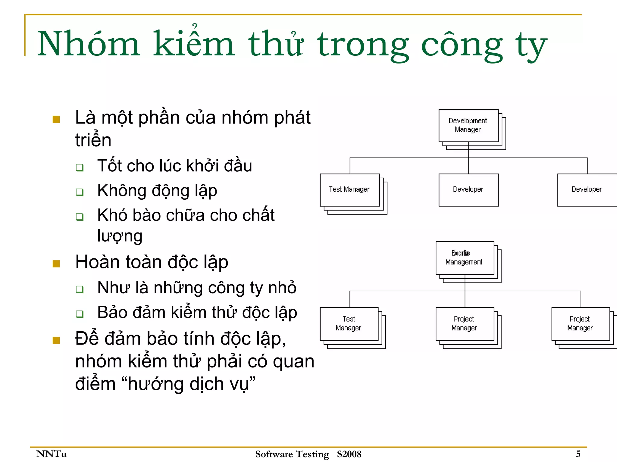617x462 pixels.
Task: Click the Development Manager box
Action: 468,125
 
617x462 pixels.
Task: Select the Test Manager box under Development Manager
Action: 349,190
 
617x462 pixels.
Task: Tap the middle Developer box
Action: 468,190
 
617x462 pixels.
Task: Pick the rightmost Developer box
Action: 587,190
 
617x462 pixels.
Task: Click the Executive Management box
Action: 465,258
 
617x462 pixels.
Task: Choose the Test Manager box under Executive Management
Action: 349,323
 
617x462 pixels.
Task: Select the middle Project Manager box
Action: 465,323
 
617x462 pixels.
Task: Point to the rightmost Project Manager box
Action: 580,323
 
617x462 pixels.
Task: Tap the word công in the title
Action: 462,45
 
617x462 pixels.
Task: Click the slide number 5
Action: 578,454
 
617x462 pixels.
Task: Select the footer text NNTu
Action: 51,454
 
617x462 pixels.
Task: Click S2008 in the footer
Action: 349,454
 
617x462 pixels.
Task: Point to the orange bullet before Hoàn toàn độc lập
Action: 56,264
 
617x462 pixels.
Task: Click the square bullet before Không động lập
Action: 80,192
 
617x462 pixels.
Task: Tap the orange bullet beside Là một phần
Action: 56,120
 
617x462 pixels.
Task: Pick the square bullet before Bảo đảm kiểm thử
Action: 80,314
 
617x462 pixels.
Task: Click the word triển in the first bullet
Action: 93,140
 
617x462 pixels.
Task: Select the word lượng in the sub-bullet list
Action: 120,236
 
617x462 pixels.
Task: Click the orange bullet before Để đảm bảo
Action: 56,340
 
